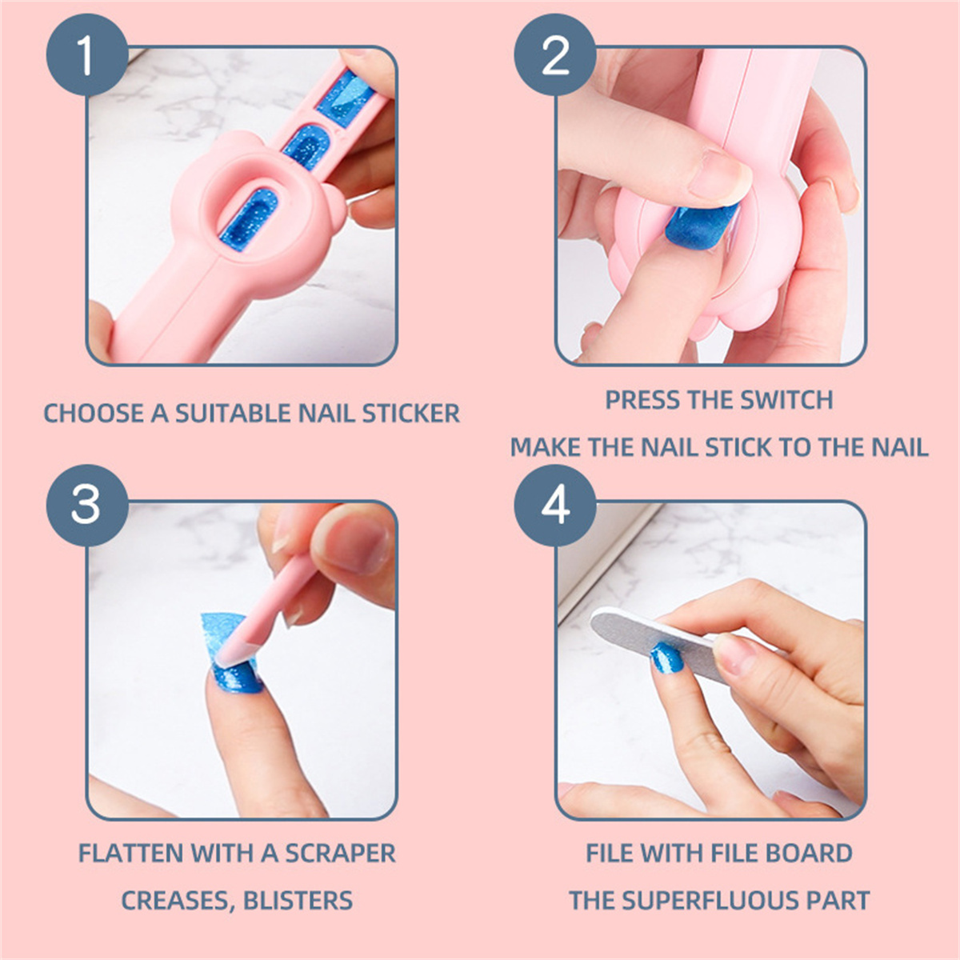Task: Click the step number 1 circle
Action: coord(87,55)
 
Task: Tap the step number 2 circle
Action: coord(555,55)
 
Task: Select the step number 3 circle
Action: coord(87,506)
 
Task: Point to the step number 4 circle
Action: coord(555,506)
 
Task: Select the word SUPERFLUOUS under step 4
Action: coord(706,900)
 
